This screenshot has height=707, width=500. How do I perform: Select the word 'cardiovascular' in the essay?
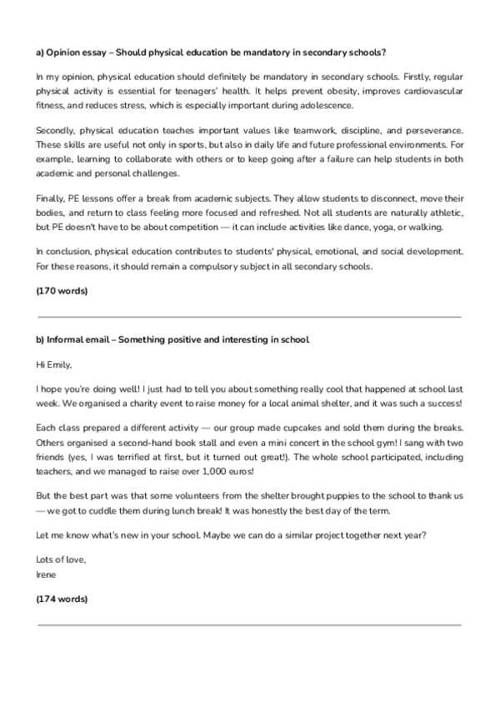click(x=429, y=91)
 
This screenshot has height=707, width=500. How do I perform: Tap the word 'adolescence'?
click(x=329, y=106)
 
